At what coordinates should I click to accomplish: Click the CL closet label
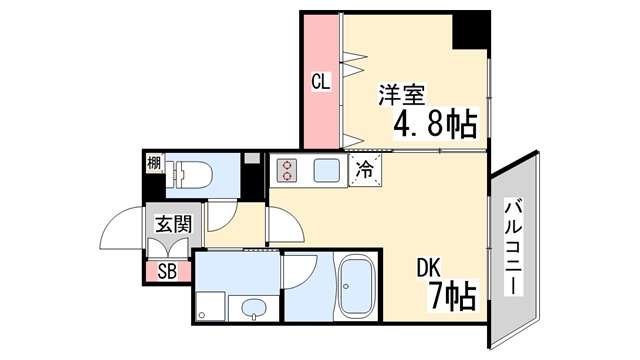click(x=320, y=82)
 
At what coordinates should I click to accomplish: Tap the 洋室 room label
click(x=402, y=95)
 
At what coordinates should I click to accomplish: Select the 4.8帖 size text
click(x=435, y=123)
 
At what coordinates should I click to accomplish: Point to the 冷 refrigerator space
click(x=365, y=170)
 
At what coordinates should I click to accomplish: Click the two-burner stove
click(x=287, y=170)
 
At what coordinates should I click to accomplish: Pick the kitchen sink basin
click(x=327, y=170)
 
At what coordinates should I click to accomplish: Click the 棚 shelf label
click(x=153, y=163)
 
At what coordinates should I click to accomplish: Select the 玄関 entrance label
click(x=173, y=224)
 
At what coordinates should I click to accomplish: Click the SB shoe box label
click(x=167, y=271)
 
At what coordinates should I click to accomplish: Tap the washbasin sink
click(x=253, y=308)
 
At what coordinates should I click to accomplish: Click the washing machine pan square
click(x=210, y=307)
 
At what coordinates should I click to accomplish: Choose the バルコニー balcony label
click(x=513, y=247)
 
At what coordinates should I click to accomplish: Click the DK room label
click(x=429, y=268)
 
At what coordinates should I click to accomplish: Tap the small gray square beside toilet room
click(x=252, y=159)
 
